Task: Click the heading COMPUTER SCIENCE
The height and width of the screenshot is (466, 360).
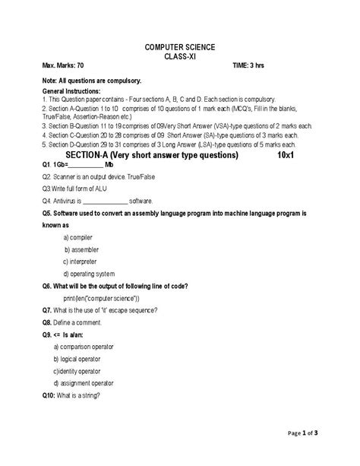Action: (180, 47)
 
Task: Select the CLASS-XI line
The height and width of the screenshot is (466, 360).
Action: (180, 57)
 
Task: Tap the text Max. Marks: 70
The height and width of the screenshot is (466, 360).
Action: (64, 67)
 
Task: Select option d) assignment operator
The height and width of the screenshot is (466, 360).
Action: (87, 383)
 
